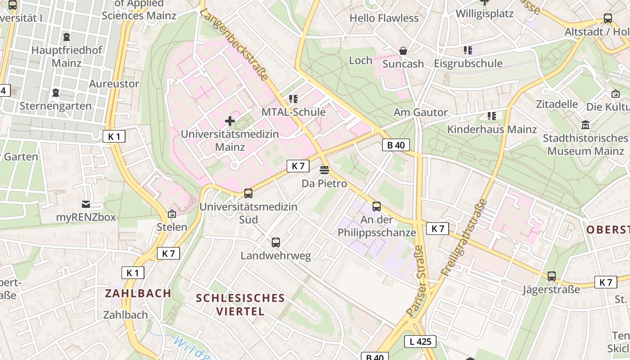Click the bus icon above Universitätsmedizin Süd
248,193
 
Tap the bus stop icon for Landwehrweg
276,243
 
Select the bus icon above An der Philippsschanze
377,207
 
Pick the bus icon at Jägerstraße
552,276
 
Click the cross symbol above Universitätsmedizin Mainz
230,121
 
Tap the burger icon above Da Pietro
324,170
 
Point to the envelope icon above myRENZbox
86,204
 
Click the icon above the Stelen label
171,214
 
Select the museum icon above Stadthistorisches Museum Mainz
585,125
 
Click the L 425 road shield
420,342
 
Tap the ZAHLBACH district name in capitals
138,293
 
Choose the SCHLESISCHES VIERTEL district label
240,304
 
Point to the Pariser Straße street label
416,280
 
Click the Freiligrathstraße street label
465,237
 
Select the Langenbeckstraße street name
234,45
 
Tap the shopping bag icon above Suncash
403,51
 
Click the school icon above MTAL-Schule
293,99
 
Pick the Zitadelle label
557,104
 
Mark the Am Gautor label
421,112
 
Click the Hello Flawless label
384,18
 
